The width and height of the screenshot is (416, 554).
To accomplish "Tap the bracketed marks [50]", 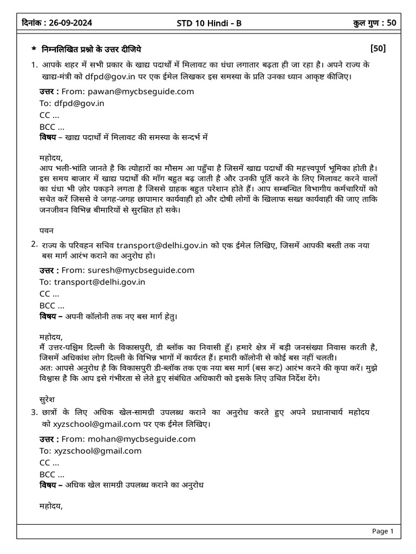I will (378, 49).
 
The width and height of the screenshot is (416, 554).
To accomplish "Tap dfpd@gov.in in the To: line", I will (80, 103).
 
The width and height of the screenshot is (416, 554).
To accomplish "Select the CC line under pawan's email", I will (49, 115).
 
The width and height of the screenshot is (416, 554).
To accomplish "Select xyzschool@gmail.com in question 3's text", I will (97, 425).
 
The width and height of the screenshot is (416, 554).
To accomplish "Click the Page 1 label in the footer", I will (382, 531).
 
